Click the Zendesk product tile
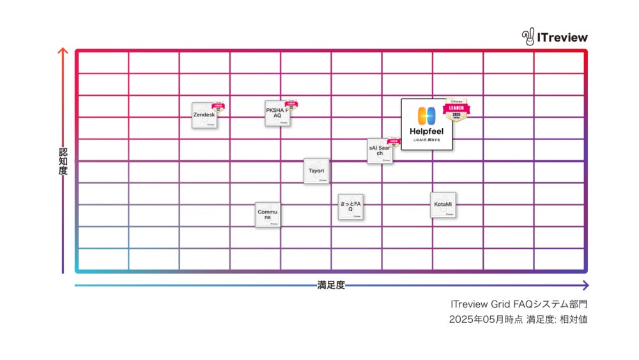tap(204, 115)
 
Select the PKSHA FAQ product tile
tap(277, 113)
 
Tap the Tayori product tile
tap(316, 171)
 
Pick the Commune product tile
tap(267, 215)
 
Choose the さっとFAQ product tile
tap(350, 207)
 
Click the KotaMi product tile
tap(442, 205)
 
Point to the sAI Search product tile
tap(380, 151)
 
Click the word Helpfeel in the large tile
tap(426, 132)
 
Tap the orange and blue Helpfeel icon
tap(426, 116)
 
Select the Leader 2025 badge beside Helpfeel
tap(456, 110)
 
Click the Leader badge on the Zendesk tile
tap(218, 107)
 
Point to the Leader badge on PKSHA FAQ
tap(291, 106)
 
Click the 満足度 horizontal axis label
tap(331, 285)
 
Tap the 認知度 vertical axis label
tap(63, 162)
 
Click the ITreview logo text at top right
tap(562, 37)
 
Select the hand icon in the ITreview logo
tap(528, 37)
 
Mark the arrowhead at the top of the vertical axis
tap(63, 51)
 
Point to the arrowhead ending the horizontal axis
tap(585, 285)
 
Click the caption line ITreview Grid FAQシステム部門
tap(518, 304)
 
